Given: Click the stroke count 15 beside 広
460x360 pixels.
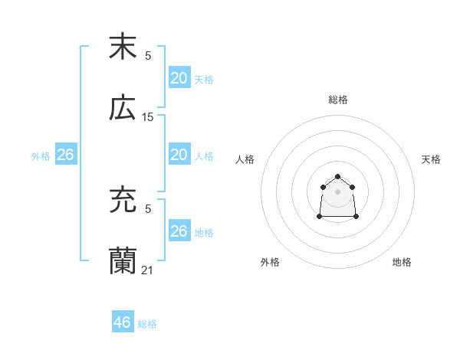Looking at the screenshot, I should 148,117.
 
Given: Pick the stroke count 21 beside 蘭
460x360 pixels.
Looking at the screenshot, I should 148,270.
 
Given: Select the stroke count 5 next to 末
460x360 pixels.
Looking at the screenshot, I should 148,55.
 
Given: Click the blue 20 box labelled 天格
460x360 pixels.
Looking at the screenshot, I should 179,78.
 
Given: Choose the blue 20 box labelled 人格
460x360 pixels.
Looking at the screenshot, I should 179,155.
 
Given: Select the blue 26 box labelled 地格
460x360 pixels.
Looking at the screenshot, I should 179,231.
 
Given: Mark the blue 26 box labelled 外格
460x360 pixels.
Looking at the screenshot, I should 65,155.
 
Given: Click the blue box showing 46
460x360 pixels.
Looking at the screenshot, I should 123,322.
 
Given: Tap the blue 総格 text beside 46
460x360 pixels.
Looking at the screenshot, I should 147,324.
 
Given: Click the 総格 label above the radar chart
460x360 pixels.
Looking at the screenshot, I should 338,100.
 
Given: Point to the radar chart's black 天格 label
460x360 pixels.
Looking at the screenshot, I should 431,159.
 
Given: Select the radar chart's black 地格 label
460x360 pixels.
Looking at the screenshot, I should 402,262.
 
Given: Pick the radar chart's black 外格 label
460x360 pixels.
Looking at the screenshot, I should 270,262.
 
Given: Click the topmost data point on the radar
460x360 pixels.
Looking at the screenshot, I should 338,175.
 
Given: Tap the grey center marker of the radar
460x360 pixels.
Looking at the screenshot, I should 338,191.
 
